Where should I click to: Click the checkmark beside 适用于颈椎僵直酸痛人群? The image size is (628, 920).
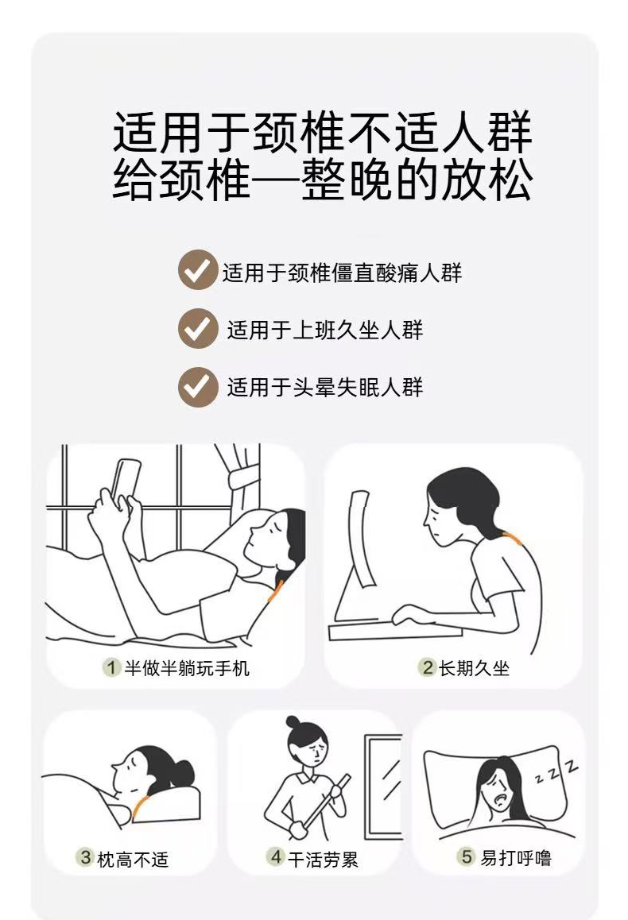[x=198, y=270]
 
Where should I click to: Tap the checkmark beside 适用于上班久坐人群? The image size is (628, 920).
[x=198, y=329]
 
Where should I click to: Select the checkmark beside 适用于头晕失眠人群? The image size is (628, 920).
[x=198, y=387]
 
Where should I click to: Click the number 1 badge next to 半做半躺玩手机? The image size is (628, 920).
[x=111, y=667]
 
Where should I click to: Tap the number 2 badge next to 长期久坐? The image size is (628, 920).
[x=427, y=667]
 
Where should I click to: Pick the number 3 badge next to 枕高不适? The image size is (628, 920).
[x=85, y=858]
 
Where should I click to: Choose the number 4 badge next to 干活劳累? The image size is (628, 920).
[x=276, y=857]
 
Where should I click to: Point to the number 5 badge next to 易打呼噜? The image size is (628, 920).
[x=467, y=856]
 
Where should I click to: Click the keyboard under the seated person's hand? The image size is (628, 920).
[x=395, y=632]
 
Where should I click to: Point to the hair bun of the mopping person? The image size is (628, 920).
[x=293, y=722]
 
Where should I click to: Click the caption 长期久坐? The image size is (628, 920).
[x=475, y=667]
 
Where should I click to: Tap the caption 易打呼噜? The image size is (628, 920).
[x=516, y=857]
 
